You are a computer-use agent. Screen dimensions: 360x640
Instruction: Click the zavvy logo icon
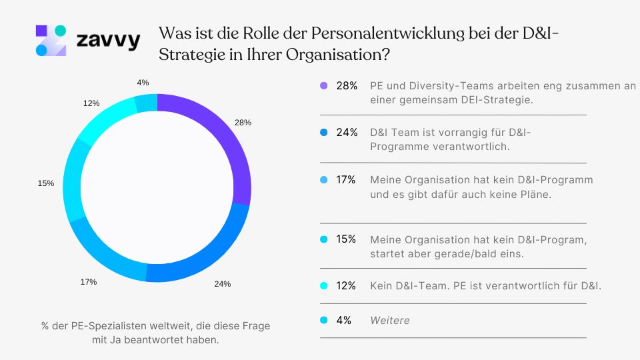click(x=51, y=40)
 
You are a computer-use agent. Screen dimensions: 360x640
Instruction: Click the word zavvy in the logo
click(x=108, y=41)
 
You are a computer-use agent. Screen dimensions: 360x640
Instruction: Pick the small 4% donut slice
click(x=146, y=103)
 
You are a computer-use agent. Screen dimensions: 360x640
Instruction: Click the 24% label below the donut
click(x=222, y=284)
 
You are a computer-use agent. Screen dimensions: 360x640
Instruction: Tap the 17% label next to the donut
click(x=88, y=282)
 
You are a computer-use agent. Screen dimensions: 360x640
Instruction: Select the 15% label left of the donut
click(x=46, y=183)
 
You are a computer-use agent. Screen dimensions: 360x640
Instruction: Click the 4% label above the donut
click(x=143, y=82)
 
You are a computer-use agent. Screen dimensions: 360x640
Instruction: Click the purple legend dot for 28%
click(x=324, y=86)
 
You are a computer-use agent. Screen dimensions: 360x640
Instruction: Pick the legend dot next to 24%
click(x=324, y=133)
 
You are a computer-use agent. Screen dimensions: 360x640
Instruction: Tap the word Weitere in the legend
click(x=390, y=321)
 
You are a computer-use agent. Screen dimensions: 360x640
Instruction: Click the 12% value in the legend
click(x=347, y=286)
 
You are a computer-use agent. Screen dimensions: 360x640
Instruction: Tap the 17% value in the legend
click(x=347, y=180)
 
